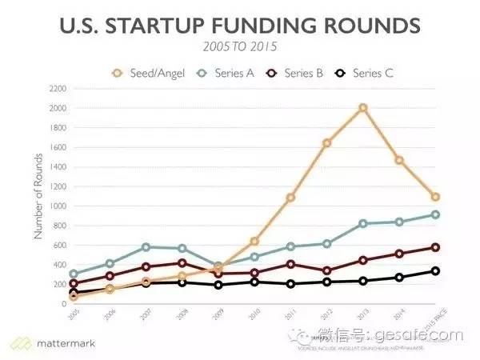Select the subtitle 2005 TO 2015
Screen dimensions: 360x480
pos(239,49)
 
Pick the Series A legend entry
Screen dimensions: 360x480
pos(229,73)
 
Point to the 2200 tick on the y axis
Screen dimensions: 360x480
pos(55,88)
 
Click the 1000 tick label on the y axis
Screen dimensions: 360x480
pos(55,206)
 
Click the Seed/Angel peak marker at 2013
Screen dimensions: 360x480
pos(362,107)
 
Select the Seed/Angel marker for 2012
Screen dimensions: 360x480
pos(326,143)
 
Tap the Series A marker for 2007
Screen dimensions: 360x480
pos(146,247)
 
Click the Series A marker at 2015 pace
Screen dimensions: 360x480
pos(435,214)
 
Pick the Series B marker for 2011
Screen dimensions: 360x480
pos(290,264)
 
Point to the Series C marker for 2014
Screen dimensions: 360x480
pos(399,278)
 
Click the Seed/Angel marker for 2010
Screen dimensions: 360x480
pos(254,241)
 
